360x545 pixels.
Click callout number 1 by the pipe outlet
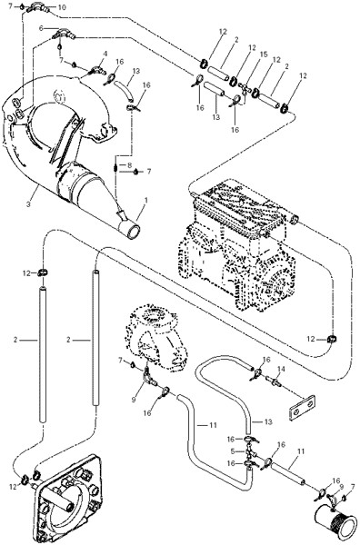146,200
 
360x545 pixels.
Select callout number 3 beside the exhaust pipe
29,203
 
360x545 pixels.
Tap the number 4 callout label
105,54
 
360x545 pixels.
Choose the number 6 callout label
41,29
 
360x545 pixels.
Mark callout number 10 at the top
62,7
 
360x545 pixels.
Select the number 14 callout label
281,369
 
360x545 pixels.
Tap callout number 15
264,54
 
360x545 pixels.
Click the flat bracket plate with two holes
302,408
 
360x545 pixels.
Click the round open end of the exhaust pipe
134,232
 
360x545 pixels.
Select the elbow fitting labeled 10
36,6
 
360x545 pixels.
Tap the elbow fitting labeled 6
64,35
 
